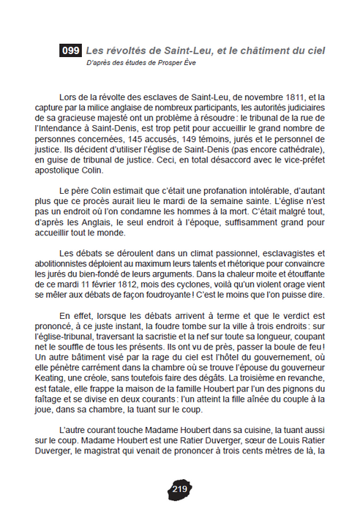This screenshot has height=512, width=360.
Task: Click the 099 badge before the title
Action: click(x=71, y=50)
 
